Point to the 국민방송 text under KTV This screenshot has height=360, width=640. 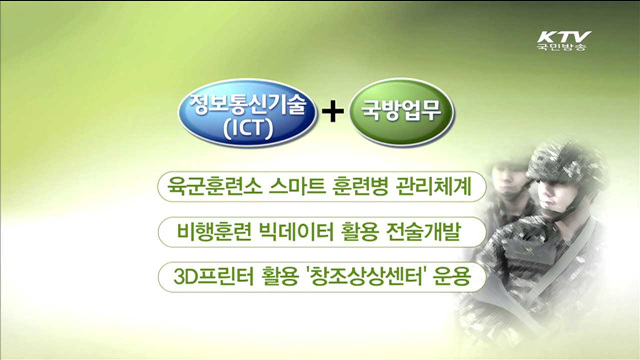(562, 51)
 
